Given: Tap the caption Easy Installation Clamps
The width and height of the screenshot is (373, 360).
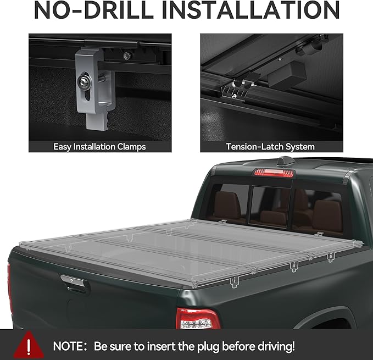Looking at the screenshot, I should [x=100, y=147].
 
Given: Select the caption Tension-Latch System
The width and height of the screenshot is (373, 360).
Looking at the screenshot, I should [x=270, y=147].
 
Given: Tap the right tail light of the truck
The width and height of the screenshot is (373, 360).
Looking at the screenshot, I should [x=197, y=319].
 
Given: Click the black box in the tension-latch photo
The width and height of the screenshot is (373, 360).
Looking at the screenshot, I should [x=288, y=74].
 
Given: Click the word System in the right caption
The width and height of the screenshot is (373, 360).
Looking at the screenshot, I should [x=300, y=147].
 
